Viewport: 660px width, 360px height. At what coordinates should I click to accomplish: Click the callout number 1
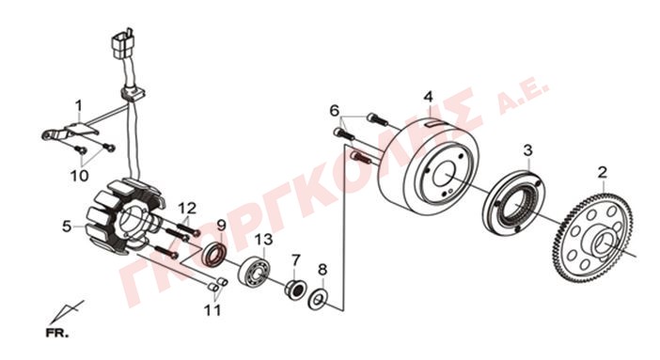click(x=79, y=105)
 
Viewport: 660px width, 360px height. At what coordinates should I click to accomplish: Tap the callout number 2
click(x=603, y=173)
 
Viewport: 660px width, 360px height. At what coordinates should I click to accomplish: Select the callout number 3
click(x=527, y=150)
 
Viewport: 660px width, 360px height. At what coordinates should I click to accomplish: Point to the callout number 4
click(x=428, y=97)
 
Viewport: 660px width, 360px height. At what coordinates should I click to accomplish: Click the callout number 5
click(x=67, y=227)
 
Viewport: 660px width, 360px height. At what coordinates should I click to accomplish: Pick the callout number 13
click(x=263, y=240)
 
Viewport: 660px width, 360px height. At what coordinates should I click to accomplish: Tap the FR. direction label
click(x=56, y=334)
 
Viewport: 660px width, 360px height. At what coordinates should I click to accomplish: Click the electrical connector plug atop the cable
click(x=122, y=42)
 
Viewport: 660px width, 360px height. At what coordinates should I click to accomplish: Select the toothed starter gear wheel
click(x=592, y=238)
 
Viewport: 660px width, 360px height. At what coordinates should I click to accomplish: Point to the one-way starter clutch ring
click(x=514, y=203)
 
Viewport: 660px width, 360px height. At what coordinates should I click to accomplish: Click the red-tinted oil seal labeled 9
click(x=215, y=255)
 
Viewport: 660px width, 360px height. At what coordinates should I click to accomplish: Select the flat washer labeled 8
click(x=318, y=299)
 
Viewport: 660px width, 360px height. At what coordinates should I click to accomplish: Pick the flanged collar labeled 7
click(x=295, y=290)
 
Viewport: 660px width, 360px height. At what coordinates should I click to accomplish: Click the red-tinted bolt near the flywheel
click(x=360, y=157)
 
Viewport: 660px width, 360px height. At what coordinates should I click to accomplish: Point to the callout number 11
click(x=212, y=310)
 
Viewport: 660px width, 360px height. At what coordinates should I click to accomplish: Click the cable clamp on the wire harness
click(x=132, y=94)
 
